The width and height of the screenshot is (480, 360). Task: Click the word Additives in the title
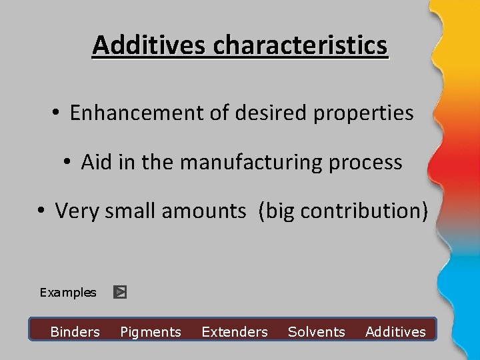(150, 45)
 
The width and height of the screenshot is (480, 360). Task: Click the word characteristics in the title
(300, 45)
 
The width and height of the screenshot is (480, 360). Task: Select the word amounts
(203, 211)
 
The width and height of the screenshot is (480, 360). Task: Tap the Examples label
(68, 293)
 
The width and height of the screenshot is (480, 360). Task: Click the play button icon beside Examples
(120, 292)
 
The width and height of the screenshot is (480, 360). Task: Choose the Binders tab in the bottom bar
(75, 332)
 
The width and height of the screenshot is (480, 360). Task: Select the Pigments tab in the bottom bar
(151, 332)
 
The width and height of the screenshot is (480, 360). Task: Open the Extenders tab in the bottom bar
(235, 332)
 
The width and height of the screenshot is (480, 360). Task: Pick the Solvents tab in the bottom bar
(317, 332)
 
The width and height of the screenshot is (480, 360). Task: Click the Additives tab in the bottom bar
(395, 332)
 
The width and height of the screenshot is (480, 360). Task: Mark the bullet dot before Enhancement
(56, 113)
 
